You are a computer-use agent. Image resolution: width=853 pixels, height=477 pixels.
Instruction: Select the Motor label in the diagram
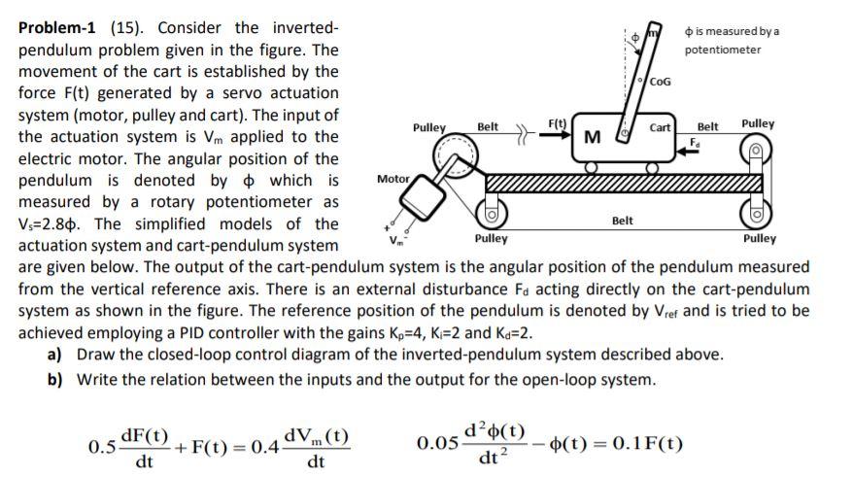392,179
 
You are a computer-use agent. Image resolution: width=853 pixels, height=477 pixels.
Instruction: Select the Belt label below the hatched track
623,221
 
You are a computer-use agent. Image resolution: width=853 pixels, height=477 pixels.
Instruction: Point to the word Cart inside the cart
661,128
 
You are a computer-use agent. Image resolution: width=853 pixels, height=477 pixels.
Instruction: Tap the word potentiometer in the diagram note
723,50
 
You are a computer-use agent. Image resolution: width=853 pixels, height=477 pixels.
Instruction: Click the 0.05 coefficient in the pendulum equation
434,444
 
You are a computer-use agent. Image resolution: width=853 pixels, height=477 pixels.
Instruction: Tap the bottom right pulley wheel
756,210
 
